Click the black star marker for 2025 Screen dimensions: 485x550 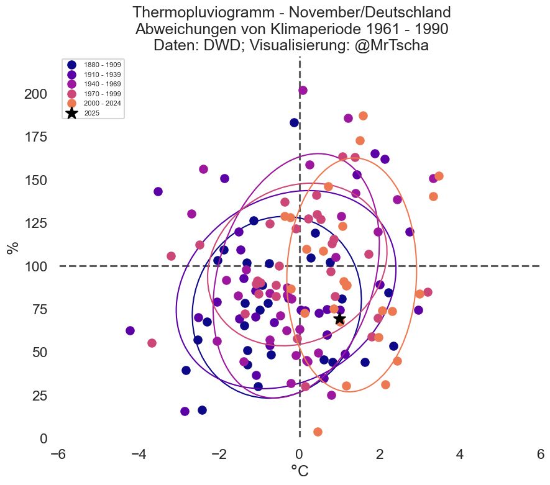(339, 319)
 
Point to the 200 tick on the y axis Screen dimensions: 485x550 (35, 94)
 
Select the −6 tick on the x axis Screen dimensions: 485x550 (58, 455)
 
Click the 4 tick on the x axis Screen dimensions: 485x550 (460, 455)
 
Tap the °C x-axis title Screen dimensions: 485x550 (300, 472)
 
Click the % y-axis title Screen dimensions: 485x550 (12, 247)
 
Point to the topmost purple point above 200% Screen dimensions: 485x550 (303, 90)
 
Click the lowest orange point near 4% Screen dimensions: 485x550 (318, 432)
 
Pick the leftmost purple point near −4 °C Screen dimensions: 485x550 (130, 330)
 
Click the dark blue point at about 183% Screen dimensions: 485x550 (295, 122)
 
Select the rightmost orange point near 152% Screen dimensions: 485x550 (439, 176)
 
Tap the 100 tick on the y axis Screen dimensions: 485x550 (35, 266)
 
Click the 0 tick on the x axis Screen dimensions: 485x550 (300, 455)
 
